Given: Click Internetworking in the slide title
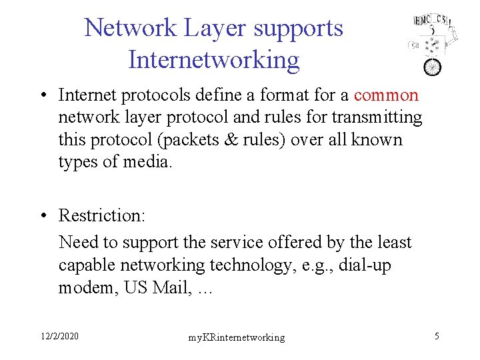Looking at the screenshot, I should tap(214, 60).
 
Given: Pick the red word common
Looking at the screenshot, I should tap(387, 95).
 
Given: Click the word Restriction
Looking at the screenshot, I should tap(101, 215).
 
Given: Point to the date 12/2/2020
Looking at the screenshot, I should tap(59, 335).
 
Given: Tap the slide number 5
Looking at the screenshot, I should tap(437, 335).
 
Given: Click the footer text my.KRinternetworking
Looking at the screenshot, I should tap(236, 337).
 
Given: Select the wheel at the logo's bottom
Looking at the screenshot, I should tap(433, 67).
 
